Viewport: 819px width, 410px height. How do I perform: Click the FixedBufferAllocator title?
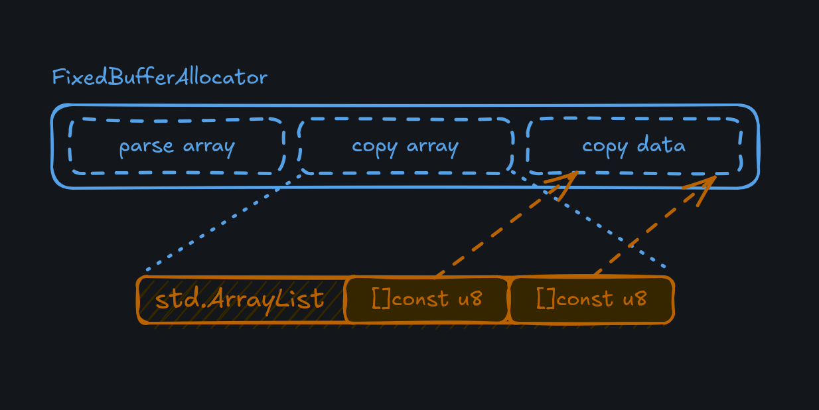tap(159, 78)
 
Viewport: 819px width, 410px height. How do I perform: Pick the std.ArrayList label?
tap(240, 300)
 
